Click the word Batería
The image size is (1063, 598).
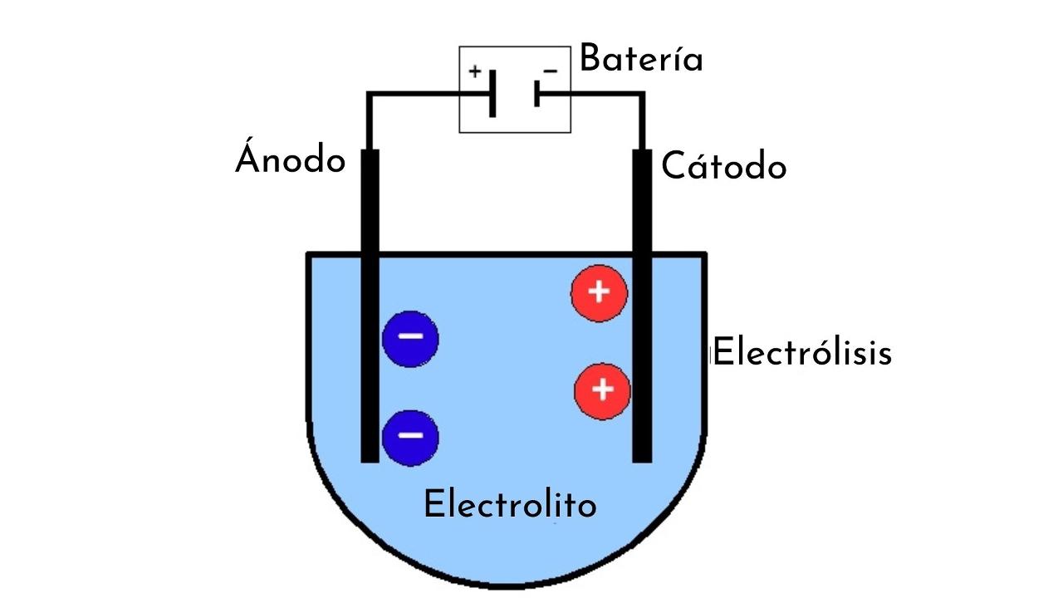[x=640, y=60]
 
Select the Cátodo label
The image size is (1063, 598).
[x=723, y=167]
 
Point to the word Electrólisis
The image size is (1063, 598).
[x=803, y=352]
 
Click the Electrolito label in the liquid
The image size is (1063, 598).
[x=510, y=504]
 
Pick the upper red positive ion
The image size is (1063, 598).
[x=599, y=292]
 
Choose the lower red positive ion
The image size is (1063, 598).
[x=602, y=390]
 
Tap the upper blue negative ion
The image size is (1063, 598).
[x=409, y=338]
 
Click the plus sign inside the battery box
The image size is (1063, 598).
[x=474, y=71]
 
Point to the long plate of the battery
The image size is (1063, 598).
[x=492, y=94]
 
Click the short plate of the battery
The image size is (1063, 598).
[x=537, y=94]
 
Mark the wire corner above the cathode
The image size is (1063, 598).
[x=642, y=96]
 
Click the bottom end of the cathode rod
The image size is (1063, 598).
[x=642, y=456]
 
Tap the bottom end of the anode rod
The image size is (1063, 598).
[x=370, y=456]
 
